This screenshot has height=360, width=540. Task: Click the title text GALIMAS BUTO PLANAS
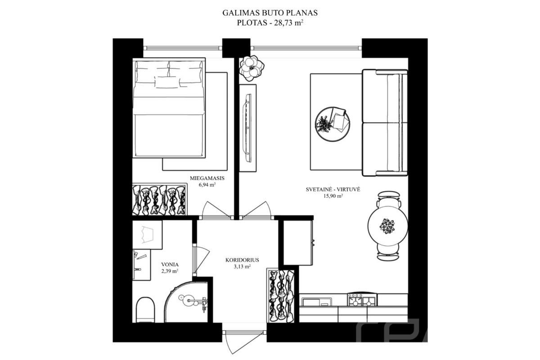click(x=270, y=13)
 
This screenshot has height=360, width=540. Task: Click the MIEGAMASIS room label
click(x=207, y=178)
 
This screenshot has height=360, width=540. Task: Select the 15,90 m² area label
click(x=333, y=196)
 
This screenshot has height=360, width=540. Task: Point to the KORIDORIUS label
click(x=242, y=260)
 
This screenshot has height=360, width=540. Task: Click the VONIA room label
click(x=170, y=265)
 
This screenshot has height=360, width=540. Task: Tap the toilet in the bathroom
click(x=145, y=310)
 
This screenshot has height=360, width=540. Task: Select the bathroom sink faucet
click(x=138, y=269)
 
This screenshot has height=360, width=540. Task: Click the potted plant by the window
click(x=252, y=68)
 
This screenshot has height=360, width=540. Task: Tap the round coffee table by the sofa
click(x=333, y=124)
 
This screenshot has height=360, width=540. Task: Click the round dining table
click(x=387, y=226)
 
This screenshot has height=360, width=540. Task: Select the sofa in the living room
click(x=385, y=123)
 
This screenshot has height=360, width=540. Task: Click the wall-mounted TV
click(x=248, y=128)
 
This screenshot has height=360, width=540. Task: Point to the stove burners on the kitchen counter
click(x=362, y=300)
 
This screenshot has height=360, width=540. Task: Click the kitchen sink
click(x=317, y=302)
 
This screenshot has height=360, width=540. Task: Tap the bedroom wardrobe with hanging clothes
click(x=160, y=199)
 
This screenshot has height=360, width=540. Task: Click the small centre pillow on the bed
click(x=167, y=82)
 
